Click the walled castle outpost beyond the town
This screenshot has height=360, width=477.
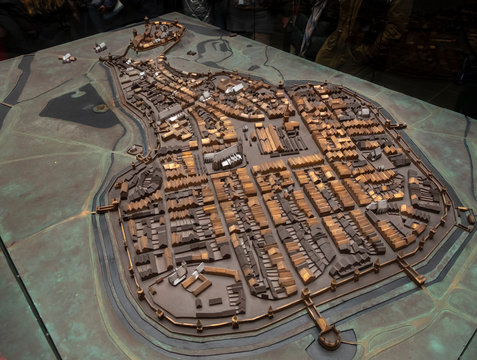click(x=158, y=36)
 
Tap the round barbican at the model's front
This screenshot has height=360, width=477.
click(x=329, y=338)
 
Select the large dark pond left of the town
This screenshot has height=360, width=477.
click(x=79, y=105)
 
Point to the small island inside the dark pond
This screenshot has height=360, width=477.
click(x=100, y=108)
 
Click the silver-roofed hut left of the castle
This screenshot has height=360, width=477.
click(x=100, y=46)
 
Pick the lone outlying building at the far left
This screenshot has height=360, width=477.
click(x=67, y=58)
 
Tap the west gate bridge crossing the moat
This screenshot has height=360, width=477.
click(x=105, y=208)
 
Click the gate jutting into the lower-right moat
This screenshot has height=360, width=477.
click(x=411, y=271)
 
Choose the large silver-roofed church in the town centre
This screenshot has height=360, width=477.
click(x=224, y=157)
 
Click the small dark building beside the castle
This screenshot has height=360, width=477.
click(x=191, y=52)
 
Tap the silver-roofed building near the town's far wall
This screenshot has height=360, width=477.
click(x=233, y=89)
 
